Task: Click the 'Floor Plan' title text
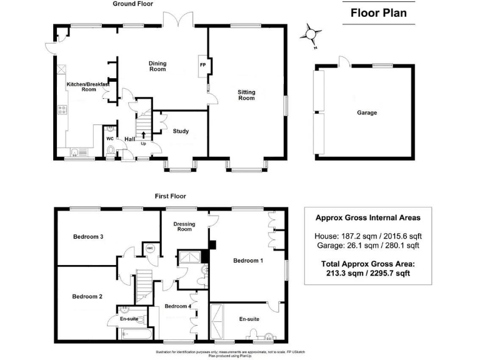point(378,12)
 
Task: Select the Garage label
point(367,113)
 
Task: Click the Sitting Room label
point(246,95)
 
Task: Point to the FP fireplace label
point(202,65)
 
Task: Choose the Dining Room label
point(157,66)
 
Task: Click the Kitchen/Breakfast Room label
point(87,87)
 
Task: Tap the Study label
point(181,131)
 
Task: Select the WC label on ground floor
point(109,139)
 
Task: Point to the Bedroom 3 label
point(87,237)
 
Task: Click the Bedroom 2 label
point(87,296)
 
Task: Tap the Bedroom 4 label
point(178,306)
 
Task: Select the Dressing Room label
point(184,226)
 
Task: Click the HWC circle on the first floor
point(150,248)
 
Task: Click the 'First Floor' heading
point(170,196)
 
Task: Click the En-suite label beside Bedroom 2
point(129,319)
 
